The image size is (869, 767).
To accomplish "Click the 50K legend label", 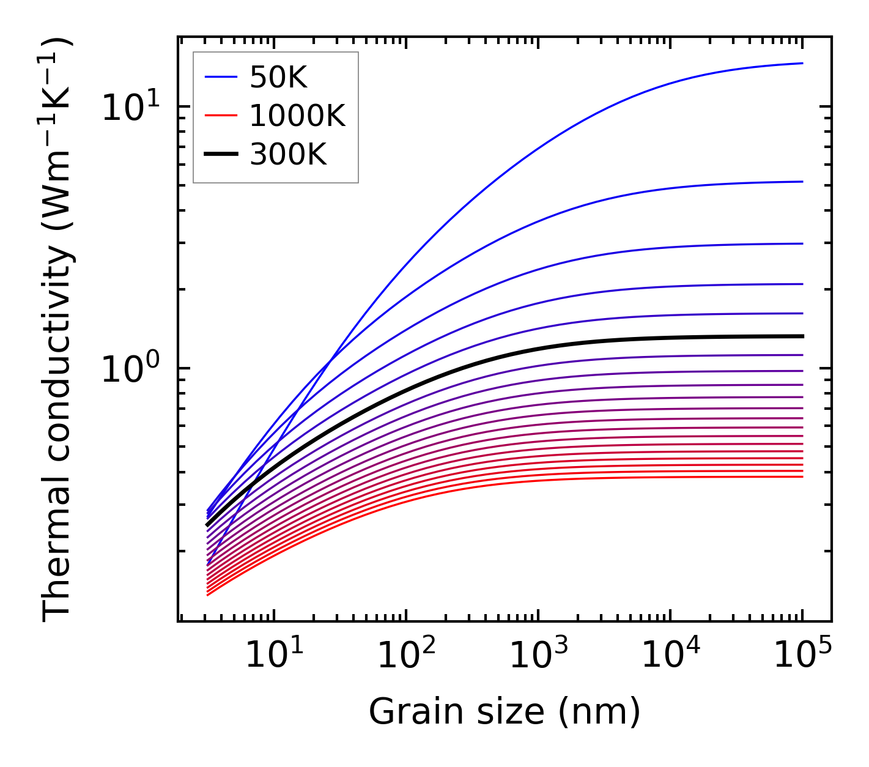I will pyautogui.click(x=278, y=77).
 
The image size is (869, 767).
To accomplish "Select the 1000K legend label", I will pyautogui.click(x=297, y=116).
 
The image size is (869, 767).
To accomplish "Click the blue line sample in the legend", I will pyautogui.click(x=220, y=77).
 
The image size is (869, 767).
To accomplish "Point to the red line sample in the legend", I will pyautogui.click(x=220, y=116).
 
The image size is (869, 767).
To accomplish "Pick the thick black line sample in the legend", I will pyautogui.click(x=220, y=155).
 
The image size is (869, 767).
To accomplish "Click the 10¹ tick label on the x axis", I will pyautogui.click(x=273, y=657).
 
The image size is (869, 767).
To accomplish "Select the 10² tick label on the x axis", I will pyautogui.click(x=406, y=657).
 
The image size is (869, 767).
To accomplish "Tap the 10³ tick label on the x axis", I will pyautogui.click(x=538, y=657).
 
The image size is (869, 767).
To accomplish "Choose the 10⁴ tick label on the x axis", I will pyautogui.click(x=670, y=657).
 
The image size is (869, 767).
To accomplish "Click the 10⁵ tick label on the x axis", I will pyautogui.click(x=802, y=657).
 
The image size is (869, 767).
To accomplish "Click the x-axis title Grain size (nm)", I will pyautogui.click(x=505, y=712).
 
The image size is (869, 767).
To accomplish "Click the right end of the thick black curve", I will pyautogui.click(x=802, y=336).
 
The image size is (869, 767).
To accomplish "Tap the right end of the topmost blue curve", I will pyautogui.click(x=802, y=63).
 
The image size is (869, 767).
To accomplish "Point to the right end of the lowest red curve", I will pyautogui.click(x=802, y=476).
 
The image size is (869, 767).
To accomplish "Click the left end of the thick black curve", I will pyautogui.click(x=207, y=525).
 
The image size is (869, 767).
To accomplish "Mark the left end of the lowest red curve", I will pyautogui.click(x=208, y=595).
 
